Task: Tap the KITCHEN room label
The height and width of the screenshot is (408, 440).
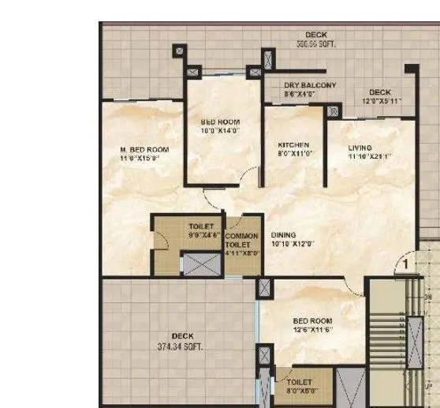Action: click(293, 145)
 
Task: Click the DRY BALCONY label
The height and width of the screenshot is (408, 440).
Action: click(310, 85)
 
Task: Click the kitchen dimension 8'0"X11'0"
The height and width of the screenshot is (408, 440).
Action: click(293, 155)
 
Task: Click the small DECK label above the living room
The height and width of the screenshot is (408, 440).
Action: click(379, 92)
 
